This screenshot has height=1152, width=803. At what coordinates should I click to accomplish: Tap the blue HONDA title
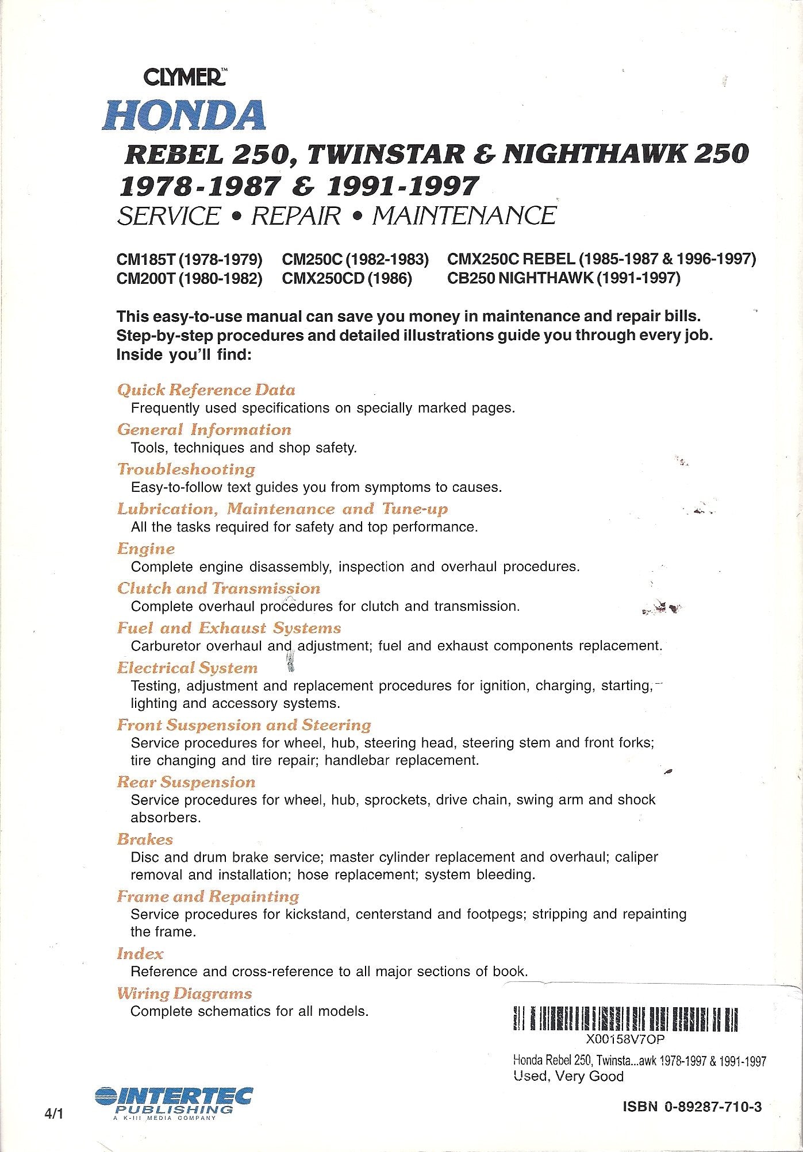coord(183,115)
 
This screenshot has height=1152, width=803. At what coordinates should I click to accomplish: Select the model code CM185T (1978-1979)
coord(190,260)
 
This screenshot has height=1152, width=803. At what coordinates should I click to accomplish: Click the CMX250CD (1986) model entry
coord(347,279)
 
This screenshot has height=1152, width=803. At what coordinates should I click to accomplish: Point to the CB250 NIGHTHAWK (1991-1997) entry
coord(563,279)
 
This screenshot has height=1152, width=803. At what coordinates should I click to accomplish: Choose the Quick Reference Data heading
coord(206,390)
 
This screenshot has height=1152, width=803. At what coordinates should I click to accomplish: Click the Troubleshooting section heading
coord(186,469)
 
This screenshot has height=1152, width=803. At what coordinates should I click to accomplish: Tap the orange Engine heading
coord(146,549)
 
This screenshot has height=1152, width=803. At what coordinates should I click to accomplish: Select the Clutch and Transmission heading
coord(218,588)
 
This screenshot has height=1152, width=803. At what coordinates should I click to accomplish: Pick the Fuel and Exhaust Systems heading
coord(229,628)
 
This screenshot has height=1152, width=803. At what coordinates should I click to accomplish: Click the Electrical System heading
coord(187,668)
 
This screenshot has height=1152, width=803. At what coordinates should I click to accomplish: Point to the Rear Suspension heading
coord(186,782)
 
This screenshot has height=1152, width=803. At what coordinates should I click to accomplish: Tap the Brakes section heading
coord(145,839)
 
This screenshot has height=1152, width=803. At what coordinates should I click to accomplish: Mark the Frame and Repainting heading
coord(208,896)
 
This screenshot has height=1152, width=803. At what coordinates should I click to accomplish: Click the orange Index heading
coord(140,954)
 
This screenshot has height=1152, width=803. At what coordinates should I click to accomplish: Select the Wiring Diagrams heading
coord(185,993)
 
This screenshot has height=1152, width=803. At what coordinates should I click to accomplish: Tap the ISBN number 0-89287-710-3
coord(692,1107)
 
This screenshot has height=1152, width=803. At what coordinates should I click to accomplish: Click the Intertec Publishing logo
coord(172,1100)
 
